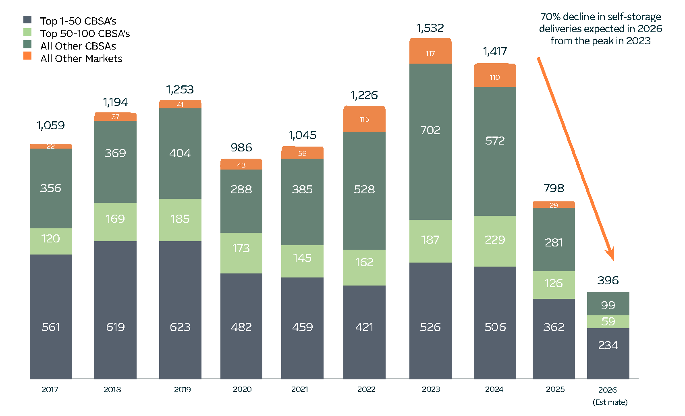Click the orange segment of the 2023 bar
click(x=430, y=51)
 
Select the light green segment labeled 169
click(x=115, y=222)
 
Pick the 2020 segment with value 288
click(x=241, y=201)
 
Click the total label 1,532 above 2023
click(x=430, y=28)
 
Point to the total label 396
click(x=608, y=280)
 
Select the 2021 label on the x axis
click(x=299, y=389)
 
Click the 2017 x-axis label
click(x=50, y=389)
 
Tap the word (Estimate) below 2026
click(x=610, y=402)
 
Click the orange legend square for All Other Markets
click(x=27, y=56)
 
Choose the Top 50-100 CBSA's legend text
click(x=85, y=33)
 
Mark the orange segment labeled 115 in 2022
click(x=364, y=119)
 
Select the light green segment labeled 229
click(x=495, y=241)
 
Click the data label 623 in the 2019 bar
click(x=180, y=327)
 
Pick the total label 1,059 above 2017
click(x=51, y=126)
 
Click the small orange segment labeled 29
click(x=554, y=205)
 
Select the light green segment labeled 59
click(x=608, y=322)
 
